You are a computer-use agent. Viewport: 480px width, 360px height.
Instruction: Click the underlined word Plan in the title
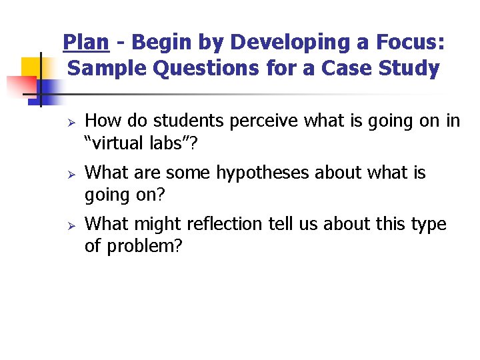click(85, 43)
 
